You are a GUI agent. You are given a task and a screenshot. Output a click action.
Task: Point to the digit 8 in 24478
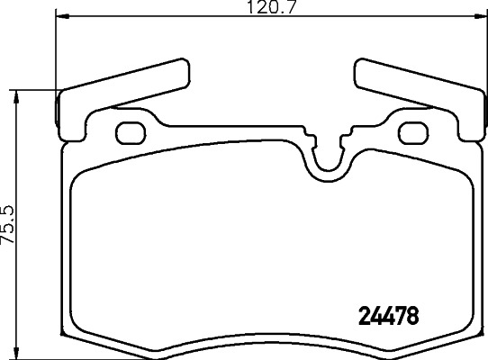tap(414, 317)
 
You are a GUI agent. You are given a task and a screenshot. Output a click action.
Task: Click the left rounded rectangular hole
tap(131, 132)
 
